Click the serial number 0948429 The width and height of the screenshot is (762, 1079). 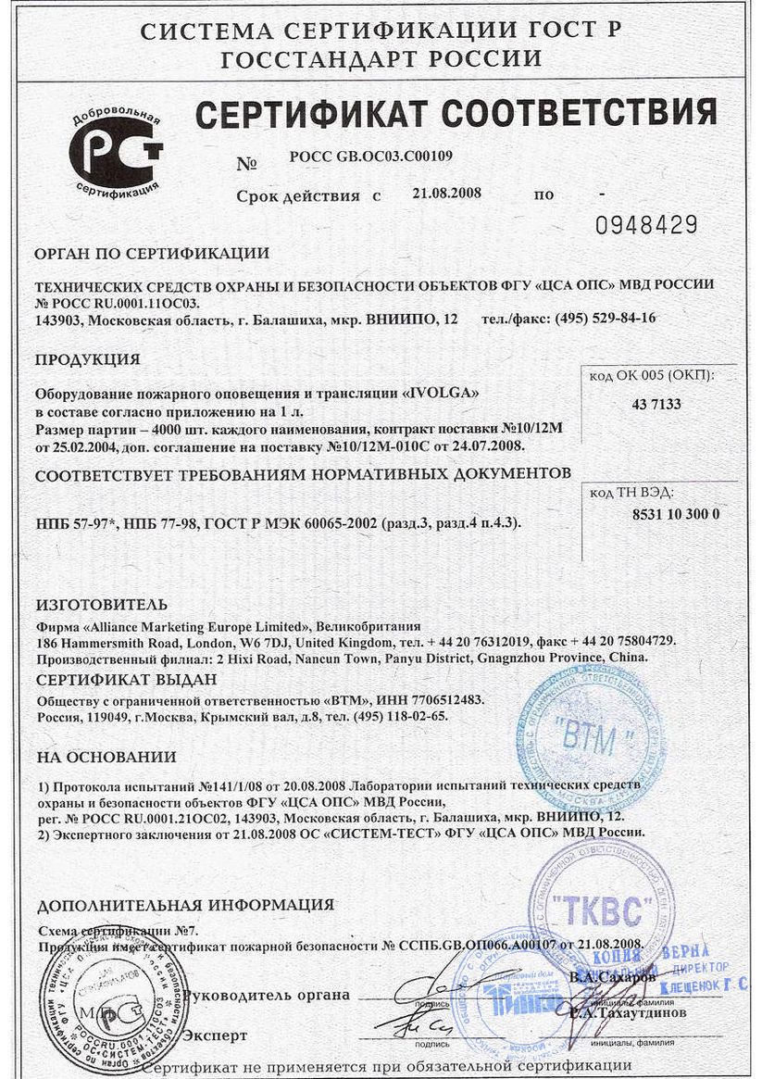[x=646, y=224]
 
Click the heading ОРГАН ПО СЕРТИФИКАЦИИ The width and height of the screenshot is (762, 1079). [x=152, y=254]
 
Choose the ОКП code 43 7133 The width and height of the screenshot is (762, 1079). [x=656, y=404]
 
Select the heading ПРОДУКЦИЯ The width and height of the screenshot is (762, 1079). [x=87, y=359]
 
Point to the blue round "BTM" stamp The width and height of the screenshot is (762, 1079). [x=590, y=736]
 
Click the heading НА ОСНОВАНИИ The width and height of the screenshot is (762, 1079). [x=106, y=757]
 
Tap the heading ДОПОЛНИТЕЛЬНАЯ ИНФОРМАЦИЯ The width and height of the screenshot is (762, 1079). [x=185, y=905]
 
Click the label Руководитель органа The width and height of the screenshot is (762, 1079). [x=267, y=996]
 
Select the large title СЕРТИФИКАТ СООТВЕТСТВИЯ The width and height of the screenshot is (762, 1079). [x=456, y=115]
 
